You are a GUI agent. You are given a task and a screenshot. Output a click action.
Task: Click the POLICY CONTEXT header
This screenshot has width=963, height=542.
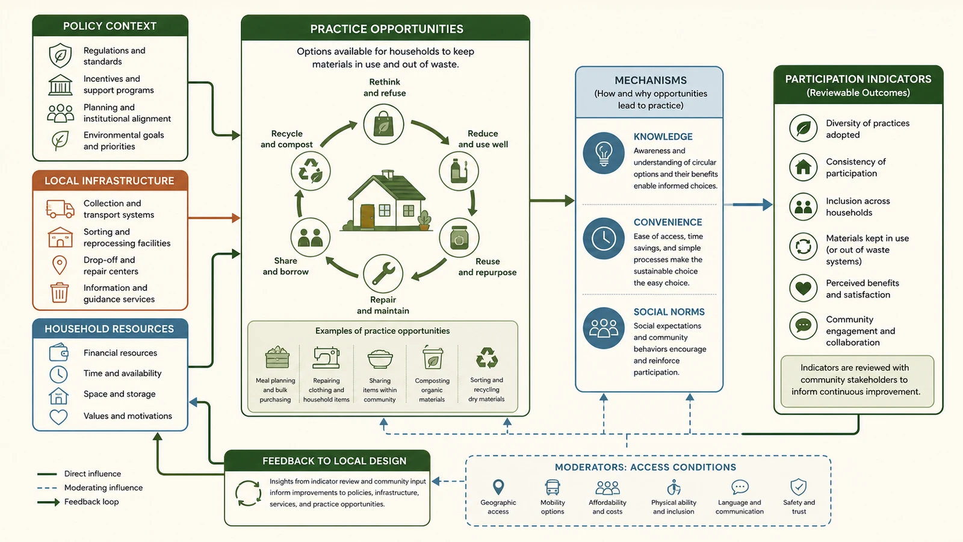pyautogui.click(x=110, y=26)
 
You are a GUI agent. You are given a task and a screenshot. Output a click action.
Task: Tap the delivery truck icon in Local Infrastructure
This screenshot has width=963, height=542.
pyautogui.click(x=60, y=208)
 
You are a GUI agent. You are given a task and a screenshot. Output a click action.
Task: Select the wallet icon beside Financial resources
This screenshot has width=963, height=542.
pyautogui.click(x=58, y=352)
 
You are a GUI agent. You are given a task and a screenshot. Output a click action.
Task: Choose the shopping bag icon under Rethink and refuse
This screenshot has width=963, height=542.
pyautogui.click(x=383, y=124)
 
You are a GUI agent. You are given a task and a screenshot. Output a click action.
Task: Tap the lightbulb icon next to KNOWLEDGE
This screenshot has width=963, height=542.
pyautogui.click(x=604, y=153)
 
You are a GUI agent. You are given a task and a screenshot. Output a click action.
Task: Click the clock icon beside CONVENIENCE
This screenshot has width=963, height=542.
pyautogui.click(x=604, y=238)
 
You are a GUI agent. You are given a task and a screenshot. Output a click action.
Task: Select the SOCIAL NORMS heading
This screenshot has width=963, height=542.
pyautogui.click(x=669, y=312)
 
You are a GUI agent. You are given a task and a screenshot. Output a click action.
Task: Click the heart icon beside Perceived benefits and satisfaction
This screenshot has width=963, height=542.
pyautogui.click(x=803, y=288)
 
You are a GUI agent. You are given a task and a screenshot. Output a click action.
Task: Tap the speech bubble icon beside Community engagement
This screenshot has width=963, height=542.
pyautogui.click(x=803, y=326)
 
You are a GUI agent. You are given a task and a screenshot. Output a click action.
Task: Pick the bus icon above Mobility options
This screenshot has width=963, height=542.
pyautogui.click(x=553, y=487)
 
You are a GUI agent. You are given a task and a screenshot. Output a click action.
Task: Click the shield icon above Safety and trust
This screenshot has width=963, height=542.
pyautogui.click(x=798, y=487)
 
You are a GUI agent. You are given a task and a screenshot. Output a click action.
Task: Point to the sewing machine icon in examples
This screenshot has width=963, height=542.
pyautogui.click(x=326, y=358)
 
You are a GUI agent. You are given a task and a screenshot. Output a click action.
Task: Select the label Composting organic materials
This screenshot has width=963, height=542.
pyautogui.click(x=432, y=390)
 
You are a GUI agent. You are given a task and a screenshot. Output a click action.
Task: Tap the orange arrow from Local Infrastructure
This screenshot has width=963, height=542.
pyautogui.click(x=214, y=218)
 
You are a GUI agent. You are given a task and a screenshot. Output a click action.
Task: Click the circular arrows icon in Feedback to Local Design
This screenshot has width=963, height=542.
pyautogui.click(x=248, y=493)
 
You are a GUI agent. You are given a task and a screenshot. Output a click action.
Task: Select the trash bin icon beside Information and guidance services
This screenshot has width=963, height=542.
pyautogui.click(x=60, y=293)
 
